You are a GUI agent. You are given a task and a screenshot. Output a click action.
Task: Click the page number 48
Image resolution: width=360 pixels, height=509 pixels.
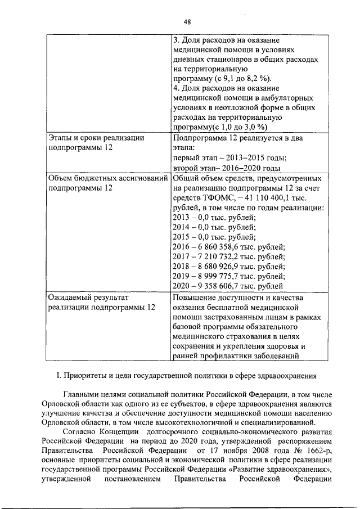[x=187, y=21]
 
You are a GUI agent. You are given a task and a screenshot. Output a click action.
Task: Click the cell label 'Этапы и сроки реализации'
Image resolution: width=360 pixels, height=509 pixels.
[x=96, y=137]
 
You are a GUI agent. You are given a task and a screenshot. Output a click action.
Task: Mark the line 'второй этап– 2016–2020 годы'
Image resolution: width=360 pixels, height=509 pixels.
[x=226, y=168]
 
